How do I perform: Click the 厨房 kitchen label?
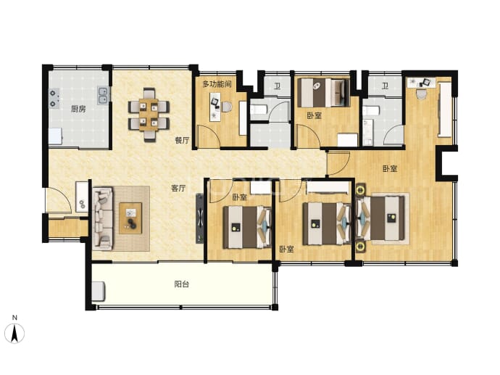(78, 109)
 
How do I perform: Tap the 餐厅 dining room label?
(183, 140)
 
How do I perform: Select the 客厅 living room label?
(178, 188)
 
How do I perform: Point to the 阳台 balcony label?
(182, 284)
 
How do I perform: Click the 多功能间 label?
(217, 84)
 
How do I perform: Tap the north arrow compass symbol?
(14, 333)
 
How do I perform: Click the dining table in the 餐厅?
(149, 115)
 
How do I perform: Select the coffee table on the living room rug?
(130, 218)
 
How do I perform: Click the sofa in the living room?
(103, 219)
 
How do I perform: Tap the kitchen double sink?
(103, 95)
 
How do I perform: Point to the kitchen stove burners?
(53, 99)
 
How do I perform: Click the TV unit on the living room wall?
(199, 218)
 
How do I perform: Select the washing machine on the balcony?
(99, 292)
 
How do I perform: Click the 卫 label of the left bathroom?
(278, 86)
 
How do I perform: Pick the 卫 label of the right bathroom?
(386, 86)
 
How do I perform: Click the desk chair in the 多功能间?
(227, 107)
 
